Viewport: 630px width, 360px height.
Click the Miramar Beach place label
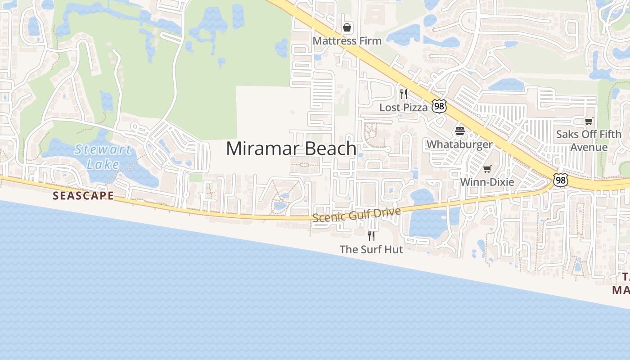(x=291, y=148)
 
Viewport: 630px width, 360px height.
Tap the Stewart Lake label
(x=103, y=157)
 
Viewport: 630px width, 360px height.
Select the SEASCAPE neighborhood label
(x=83, y=196)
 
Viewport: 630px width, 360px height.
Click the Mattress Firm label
(x=347, y=41)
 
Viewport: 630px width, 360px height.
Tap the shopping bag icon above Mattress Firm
(x=347, y=28)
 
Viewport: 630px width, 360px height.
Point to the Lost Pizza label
(x=403, y=108)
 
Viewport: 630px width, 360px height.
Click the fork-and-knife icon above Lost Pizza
(x=404, y=94)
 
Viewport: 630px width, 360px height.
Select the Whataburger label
(x=459, y=144)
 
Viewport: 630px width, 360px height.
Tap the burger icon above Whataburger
(x=459, y=131)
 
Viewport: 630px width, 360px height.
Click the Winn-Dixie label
(x=487, y=182)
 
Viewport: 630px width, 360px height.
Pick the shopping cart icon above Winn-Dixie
(x=487, y=169)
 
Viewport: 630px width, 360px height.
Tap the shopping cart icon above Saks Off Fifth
(x=589, y=121)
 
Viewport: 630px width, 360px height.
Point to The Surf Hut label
(x=371, y=249)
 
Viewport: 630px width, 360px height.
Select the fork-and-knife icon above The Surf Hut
(x=371, y=236)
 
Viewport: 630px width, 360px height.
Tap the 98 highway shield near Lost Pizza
(x=439, y=106)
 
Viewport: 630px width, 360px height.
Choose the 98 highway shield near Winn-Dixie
(x=560, y=180)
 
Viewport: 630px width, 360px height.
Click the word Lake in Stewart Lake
(x=103, y=164)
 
